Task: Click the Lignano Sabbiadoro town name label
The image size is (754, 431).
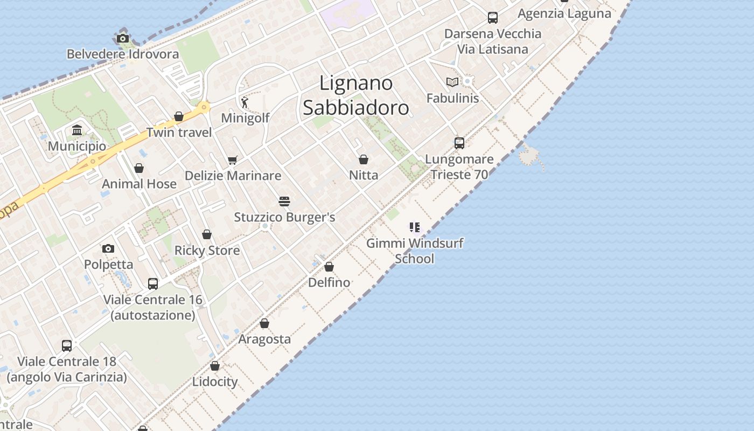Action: click(x=355, y=95)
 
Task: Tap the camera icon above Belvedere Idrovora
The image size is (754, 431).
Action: click(x=123, y=38)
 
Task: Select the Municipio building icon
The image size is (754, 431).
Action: click(x=76, y=130)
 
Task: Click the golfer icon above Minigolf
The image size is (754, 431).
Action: click(x=245, y=102)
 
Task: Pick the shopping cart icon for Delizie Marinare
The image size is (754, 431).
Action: click(x=233, y=160)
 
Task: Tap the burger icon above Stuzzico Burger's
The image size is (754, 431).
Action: click(x=284, y=201)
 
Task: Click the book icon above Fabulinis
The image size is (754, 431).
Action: click(x=452, y=82)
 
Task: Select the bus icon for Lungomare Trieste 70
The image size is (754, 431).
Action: click(x=459, y=143)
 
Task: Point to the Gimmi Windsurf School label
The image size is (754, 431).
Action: click(x=415, y=251)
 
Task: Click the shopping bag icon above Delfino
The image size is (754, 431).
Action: click(x=329, y=267)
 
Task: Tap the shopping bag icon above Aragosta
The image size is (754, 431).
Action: click(x=264, y=323)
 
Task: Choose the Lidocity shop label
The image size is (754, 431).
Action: click(x=215, y=381)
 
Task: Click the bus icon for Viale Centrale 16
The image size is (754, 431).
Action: click(x=153, y=283)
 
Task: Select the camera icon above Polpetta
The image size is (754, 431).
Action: click(x=108, y=248)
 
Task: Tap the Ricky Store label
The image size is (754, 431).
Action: click(x=207, y=251)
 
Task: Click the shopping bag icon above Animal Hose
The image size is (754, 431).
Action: click(x=139, y=168)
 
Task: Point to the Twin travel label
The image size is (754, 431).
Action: click(x=179, y=132)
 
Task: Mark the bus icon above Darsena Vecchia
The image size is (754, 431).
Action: click(x=493, y=18)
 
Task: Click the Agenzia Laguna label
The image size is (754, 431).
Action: click(x=564, y=13)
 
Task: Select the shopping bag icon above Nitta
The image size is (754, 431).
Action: click(x=364, y=159)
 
